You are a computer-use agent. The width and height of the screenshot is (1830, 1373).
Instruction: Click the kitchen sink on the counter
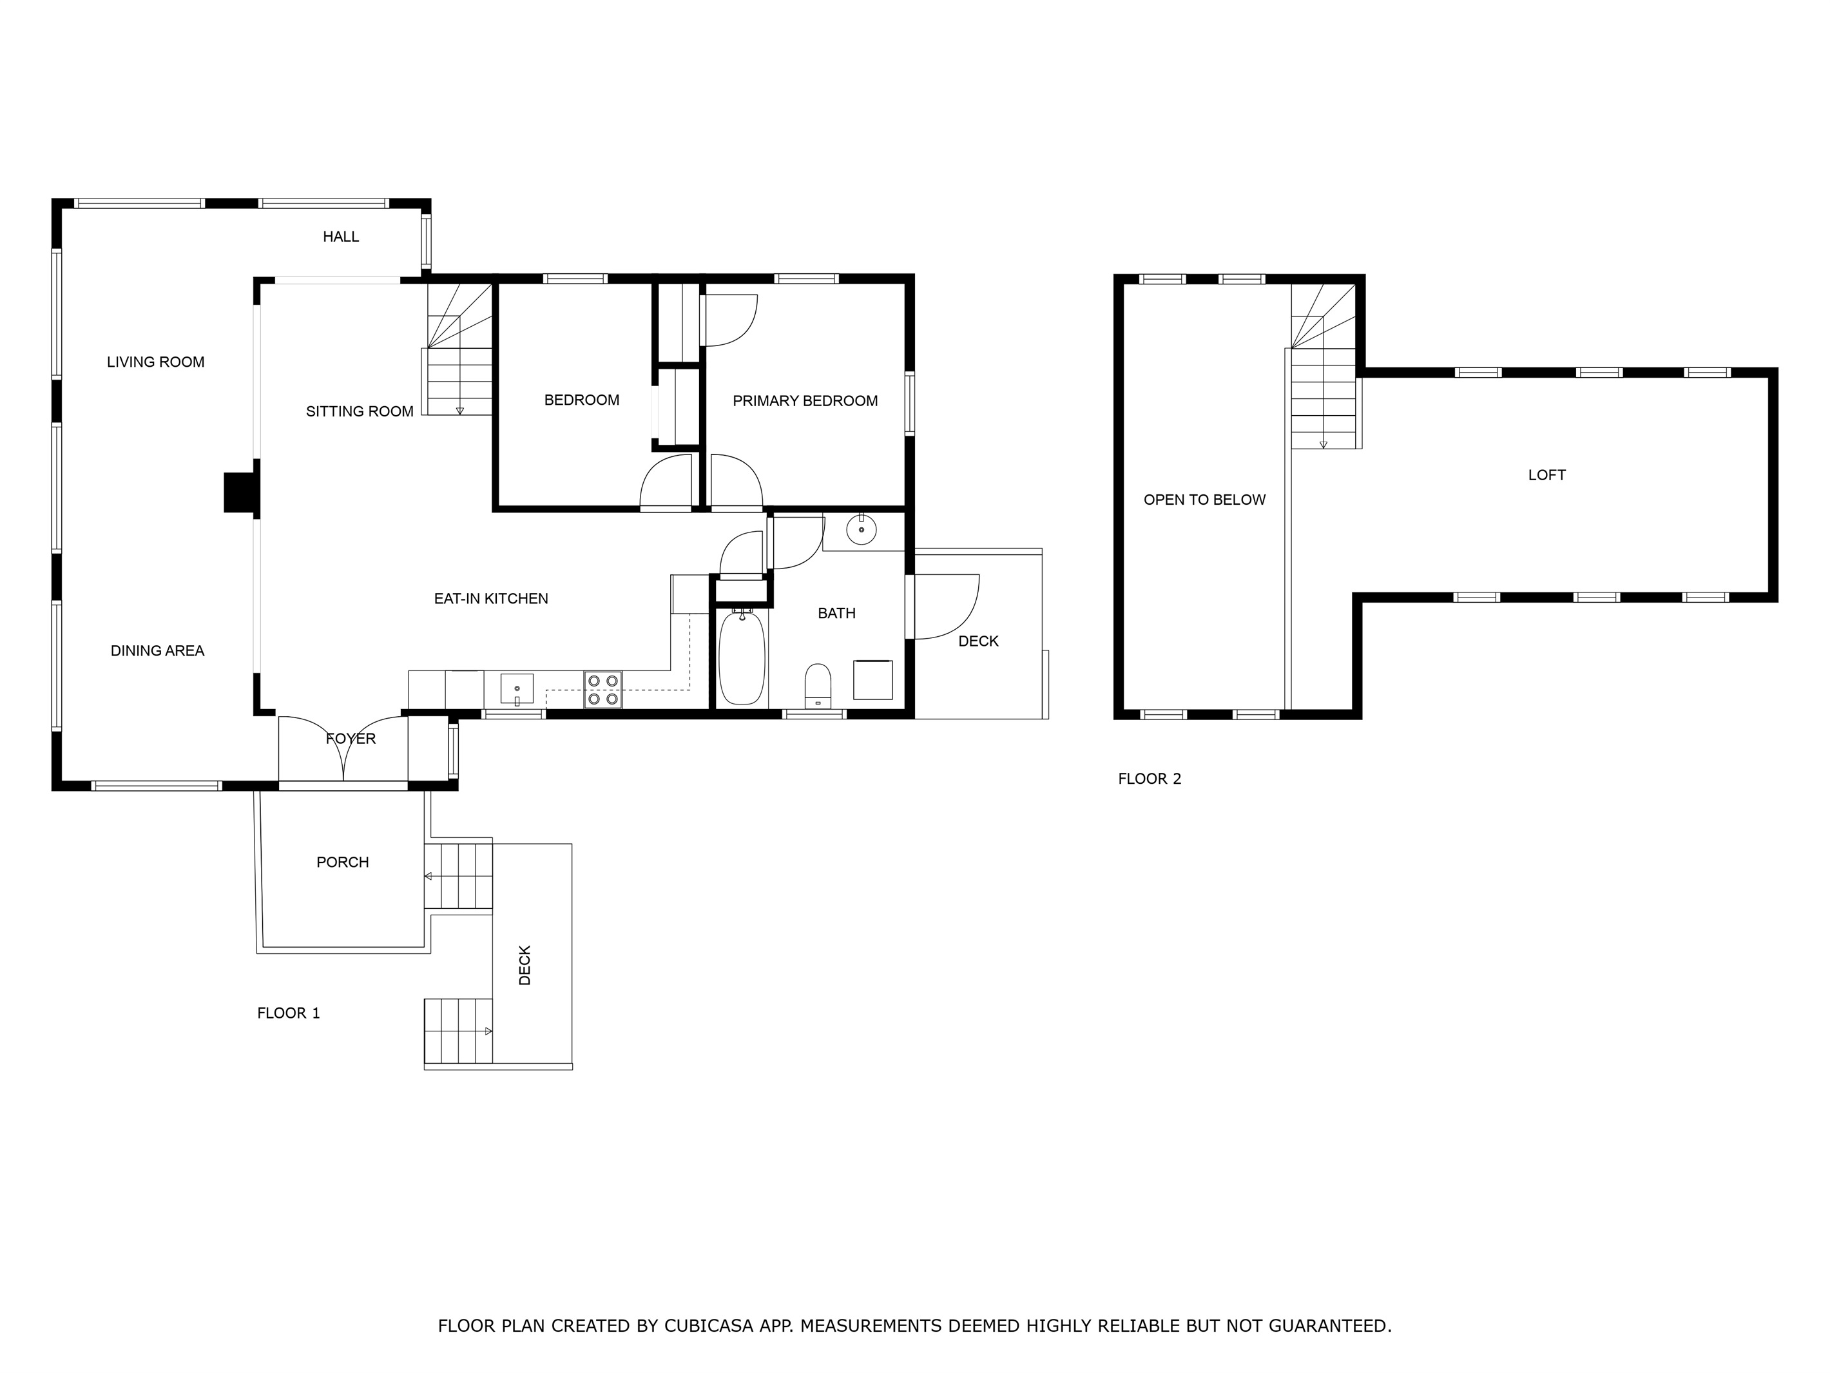[x=516, y=688]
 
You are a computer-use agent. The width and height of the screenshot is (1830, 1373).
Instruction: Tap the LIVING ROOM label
[x=155, y=362]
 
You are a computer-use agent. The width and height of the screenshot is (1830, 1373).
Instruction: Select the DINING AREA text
[x=157, y=650]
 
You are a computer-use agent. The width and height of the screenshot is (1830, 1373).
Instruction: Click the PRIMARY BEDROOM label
[x=805, y=400]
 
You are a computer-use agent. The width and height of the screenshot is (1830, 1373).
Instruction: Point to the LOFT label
[x=1547, y=475]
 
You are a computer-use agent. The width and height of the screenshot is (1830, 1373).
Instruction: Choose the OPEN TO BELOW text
[x=1204, y=500]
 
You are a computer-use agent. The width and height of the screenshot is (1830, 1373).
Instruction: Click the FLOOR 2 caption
[x=1149, y=779]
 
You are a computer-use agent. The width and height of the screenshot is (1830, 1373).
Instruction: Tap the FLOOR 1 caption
[x=289, y=1013]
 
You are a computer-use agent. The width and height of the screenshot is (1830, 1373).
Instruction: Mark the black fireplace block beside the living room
[x=242, y=493]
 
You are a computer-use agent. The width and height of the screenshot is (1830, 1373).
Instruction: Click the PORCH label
[x=343, y=862]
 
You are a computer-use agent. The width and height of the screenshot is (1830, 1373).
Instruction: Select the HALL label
[x=341, y=237]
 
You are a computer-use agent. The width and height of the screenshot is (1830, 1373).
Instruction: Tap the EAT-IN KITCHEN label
[x=492, y=598]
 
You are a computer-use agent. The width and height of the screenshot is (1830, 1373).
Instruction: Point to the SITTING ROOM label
[x=360, y=411]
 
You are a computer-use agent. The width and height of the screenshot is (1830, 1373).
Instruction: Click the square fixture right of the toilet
[x=873, y=679]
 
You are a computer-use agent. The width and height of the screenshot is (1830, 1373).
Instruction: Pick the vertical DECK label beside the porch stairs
[x=525, y=965]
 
